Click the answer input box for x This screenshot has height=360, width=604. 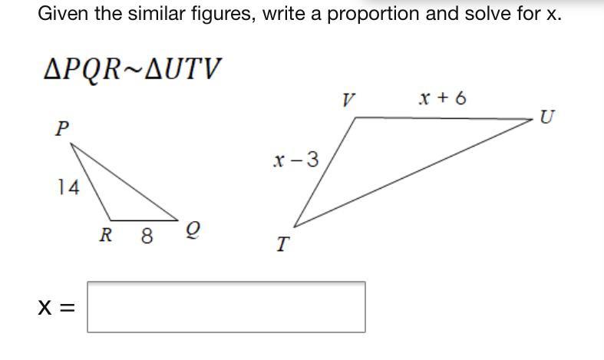(226, 307)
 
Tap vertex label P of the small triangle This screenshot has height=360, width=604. (61, 129)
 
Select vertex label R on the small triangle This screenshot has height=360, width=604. (107, 235)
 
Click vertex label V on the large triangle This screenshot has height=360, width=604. (349, 100)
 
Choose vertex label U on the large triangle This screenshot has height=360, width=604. (547, 117)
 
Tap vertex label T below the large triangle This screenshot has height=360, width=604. (282, 245)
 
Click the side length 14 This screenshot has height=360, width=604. (68, 187)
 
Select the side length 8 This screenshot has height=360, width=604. (147, 236)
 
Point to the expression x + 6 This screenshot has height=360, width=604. (442, 97)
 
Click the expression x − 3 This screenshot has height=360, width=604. (295, 160)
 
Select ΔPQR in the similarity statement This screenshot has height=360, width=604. (82, 69)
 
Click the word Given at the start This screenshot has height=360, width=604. (64, 14)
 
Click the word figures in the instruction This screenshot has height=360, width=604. (219, 14)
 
